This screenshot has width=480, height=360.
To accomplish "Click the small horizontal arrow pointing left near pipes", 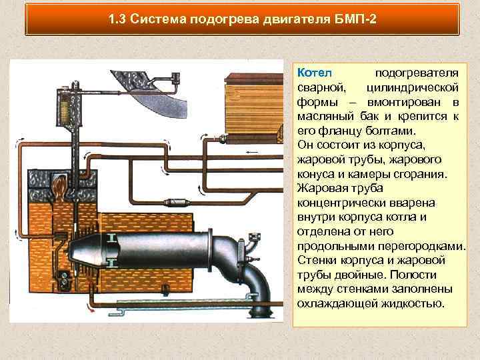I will point(252,153).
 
